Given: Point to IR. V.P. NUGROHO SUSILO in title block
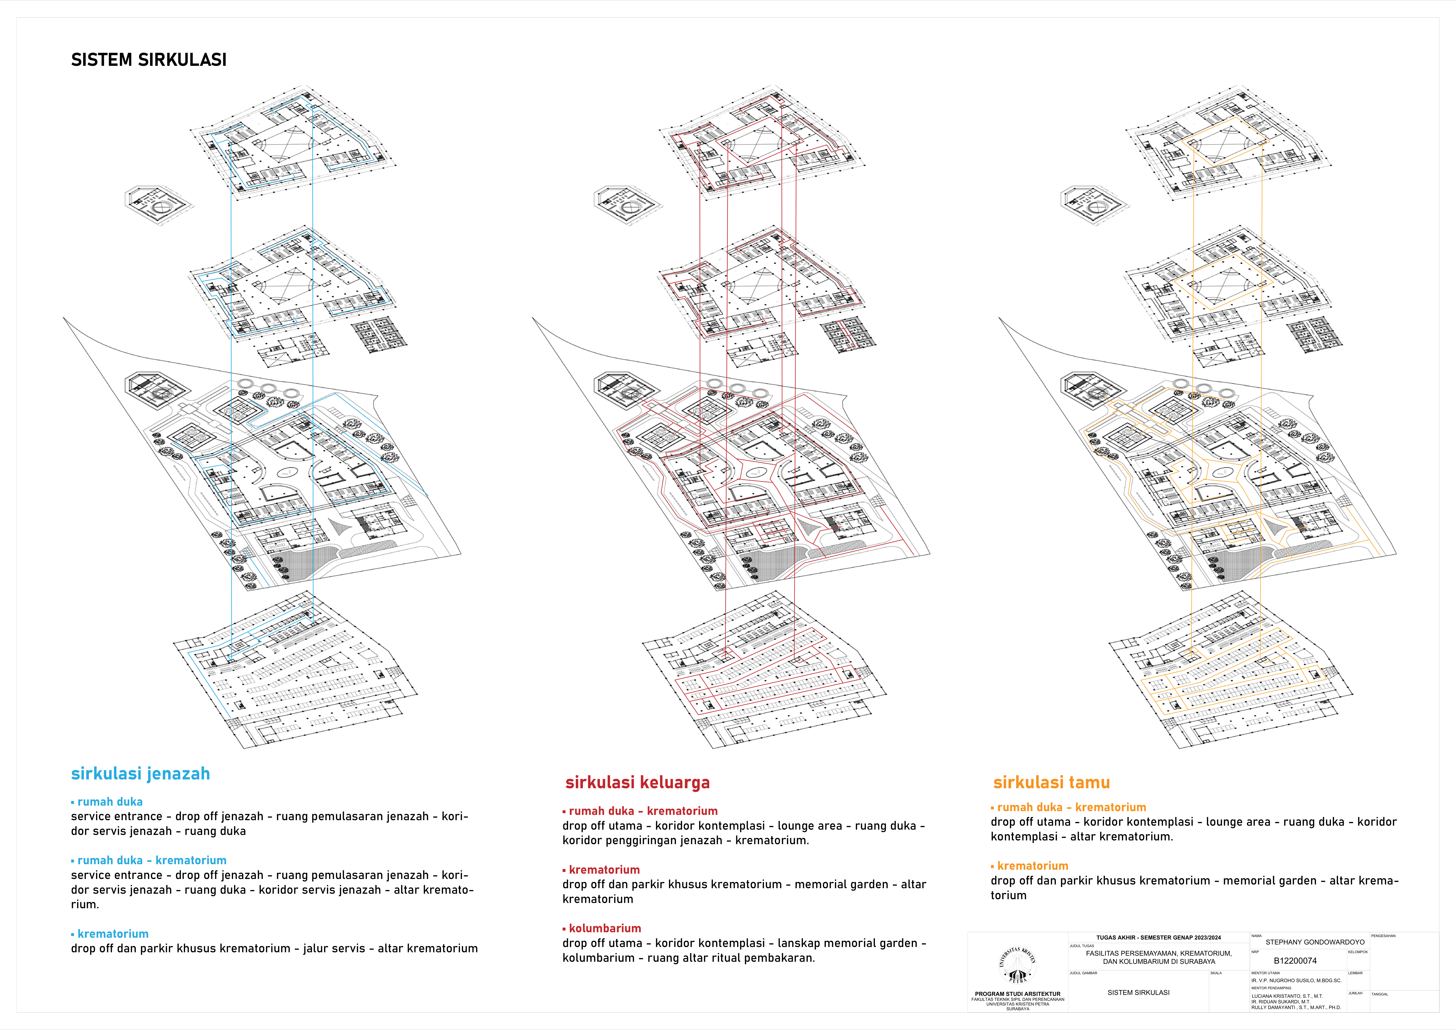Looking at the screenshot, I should pyautogui.click(x=1296, y=980).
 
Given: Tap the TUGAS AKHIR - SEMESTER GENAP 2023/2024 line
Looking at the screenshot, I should pyautogui.click(x=1158, y=937).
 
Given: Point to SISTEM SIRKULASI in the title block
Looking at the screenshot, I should pyautogui.click(x=1138, y=993).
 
